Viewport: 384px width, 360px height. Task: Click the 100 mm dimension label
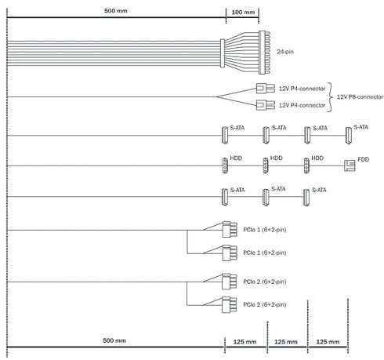(x=243, y=12)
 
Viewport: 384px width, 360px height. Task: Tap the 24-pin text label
(x=285, y=52)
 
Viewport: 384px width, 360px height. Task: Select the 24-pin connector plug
(x=264, y=53)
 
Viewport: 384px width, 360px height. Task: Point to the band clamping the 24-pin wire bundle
(x=223, y=53)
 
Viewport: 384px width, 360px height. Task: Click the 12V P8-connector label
(x=360, y=97)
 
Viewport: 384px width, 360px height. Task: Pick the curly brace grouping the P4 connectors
(x=329, y=97)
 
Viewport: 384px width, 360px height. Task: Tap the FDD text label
(x=363, y=159)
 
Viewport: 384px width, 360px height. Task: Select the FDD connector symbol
(x=350, y=165)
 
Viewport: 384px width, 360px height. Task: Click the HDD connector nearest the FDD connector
(x=306, y=165)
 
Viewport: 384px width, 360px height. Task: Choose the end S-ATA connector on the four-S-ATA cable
(x=348, y=136)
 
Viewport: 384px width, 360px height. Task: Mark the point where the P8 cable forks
(x=217, y=96)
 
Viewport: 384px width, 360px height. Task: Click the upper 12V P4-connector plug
(x=265, y=89)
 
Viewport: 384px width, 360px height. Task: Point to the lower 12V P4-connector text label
(x=302, y=105)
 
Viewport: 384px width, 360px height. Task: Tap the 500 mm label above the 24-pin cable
(x=116, y=11)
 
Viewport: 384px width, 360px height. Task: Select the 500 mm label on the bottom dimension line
(x=114, y=340)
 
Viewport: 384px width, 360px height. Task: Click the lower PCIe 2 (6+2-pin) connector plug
(x=230, y=305)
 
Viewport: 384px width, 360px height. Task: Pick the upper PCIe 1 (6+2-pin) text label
(x=265, y=230)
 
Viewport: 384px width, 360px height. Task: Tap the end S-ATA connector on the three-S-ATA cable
(x=306, y=198)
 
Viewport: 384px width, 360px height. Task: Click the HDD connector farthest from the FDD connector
(x=225, y=165)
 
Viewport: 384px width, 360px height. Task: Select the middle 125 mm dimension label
(x=286, y=342)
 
